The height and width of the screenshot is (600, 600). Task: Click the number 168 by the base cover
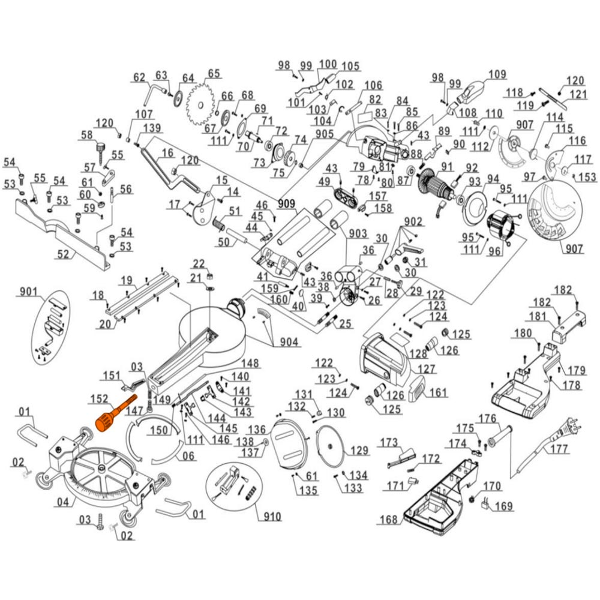pyautogui.click(x=388, y=520)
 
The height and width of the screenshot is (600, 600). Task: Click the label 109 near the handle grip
pyautogui.click(x=497, y=75)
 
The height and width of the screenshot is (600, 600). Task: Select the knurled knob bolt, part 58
pyautogui.click(x=101, y=146)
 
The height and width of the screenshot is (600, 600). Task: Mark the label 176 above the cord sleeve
pyautogui.click(x=487, y=418)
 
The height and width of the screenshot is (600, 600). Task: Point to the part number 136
pyautogui.click(x=257, y=430)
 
